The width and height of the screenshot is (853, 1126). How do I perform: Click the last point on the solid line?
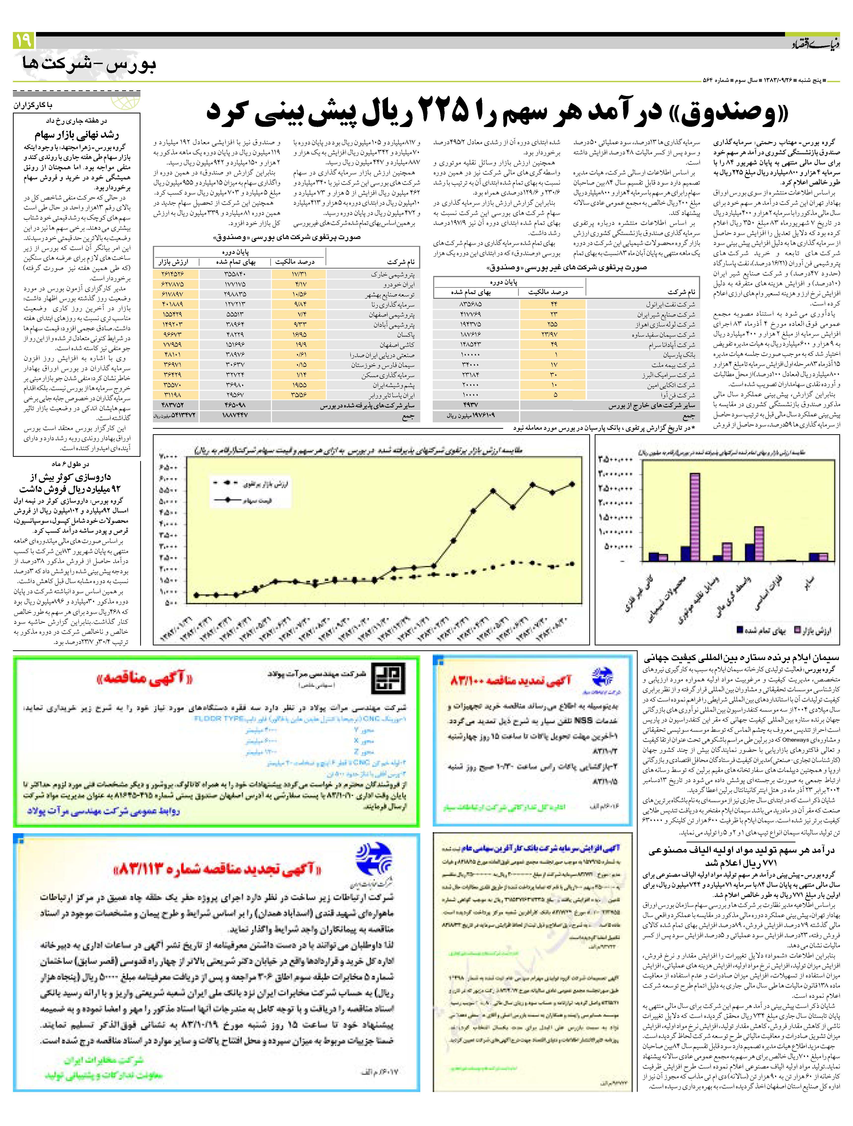tap(572, 484)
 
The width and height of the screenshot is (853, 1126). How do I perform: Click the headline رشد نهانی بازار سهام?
tap(76, 135)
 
